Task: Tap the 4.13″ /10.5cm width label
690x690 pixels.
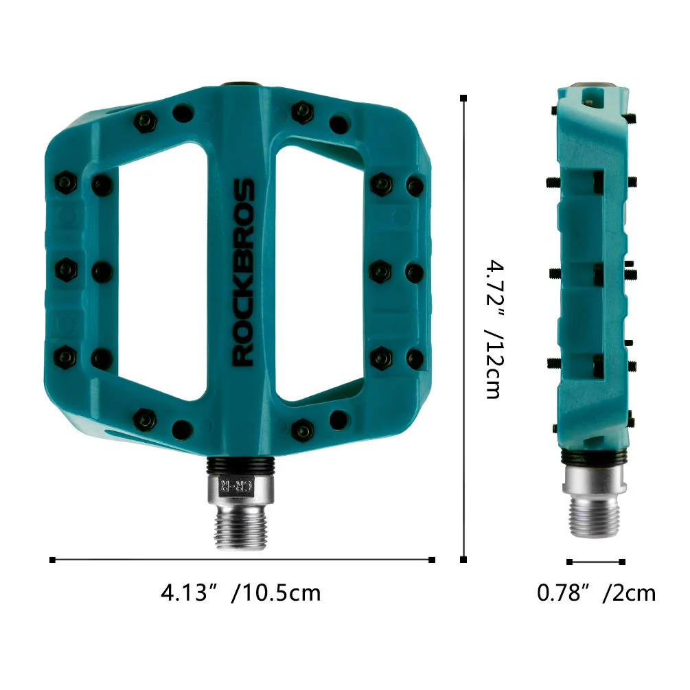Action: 240,592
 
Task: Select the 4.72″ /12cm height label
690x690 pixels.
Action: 495,329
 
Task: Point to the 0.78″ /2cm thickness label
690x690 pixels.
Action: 596,592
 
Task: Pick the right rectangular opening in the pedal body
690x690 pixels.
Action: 319,271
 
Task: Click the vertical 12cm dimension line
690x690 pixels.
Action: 464,330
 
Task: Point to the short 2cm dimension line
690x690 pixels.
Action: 596,562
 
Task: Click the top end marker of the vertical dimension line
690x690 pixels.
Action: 464,99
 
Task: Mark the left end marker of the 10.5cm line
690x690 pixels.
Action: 53,560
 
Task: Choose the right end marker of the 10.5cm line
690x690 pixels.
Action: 432,560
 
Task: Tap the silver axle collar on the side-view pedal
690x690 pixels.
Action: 595,478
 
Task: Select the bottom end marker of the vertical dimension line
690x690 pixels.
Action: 464,560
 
